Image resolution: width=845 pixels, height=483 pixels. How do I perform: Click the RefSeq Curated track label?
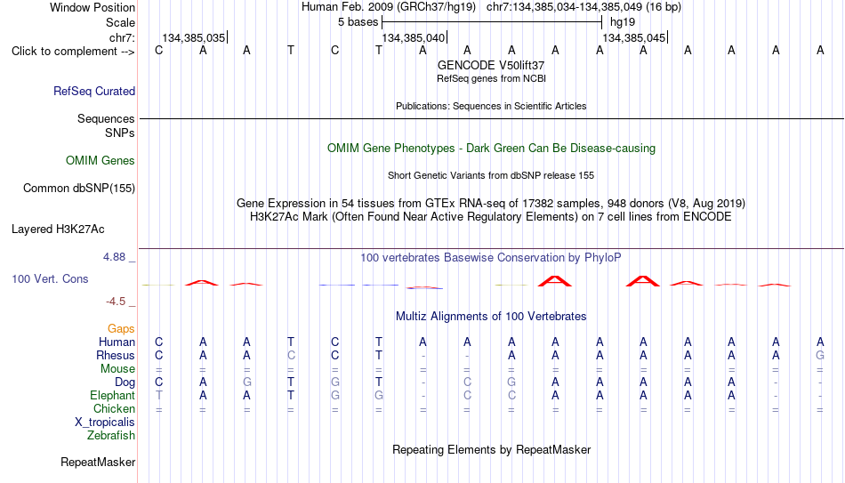(x=94, y=91)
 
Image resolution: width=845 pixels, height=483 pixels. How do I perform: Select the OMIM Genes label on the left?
(x=101, y=161)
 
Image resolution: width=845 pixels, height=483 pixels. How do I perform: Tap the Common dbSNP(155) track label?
(x=79, y=189)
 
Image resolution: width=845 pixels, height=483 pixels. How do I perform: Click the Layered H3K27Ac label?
(x=58, y=229)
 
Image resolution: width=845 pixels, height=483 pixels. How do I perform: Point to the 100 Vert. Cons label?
(x=50, y=278)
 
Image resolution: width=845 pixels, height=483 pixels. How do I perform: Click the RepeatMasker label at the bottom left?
(x=98, y=462)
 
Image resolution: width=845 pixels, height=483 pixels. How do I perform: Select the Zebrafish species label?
(x=111, y=435)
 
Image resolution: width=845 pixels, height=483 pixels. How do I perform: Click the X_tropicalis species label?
(x=105, y=423)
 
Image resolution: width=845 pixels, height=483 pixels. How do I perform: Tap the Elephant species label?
(x=112, y=395)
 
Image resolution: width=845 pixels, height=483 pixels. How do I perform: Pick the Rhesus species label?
(x=116, y=355)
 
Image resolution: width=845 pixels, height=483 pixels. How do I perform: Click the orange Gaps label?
(x=121, y=329)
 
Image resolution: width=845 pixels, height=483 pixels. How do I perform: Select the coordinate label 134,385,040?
(x=414, y=37)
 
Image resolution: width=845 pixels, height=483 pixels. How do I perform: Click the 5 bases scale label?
(x=358, y=22)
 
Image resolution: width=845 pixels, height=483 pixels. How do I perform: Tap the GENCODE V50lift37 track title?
(x=491, y=65)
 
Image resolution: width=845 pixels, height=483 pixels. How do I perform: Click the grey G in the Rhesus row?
(x=820, y=355)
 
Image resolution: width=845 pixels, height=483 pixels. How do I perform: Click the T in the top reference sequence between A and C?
(x=291, y=50)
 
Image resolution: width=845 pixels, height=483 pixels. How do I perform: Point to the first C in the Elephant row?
(x=467, y=395)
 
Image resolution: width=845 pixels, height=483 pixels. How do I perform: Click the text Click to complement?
(x=65, y=52)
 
